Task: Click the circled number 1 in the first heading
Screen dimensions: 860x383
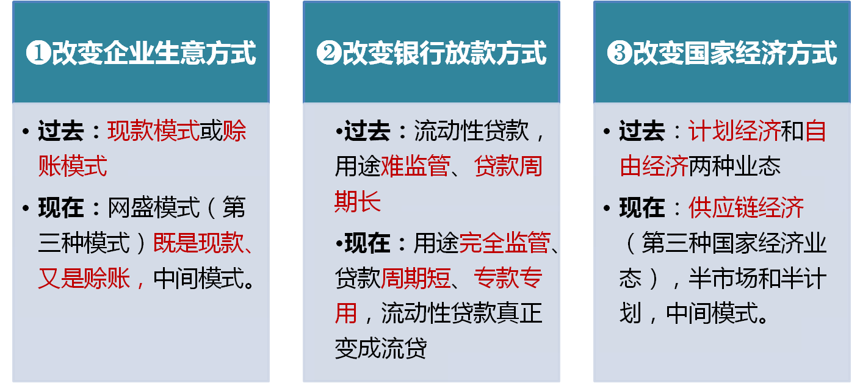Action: click(38, 52)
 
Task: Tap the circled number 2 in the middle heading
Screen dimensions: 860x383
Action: click(329, 52)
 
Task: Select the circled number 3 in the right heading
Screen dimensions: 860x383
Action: click(620, 52)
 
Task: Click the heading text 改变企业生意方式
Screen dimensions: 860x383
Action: click(154, 52)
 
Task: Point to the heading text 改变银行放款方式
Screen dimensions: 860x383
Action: click(444, 52)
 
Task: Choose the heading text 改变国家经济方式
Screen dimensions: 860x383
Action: click(735, 52)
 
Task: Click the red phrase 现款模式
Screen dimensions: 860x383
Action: click(153, 131)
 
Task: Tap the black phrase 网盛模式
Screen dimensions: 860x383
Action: click(153, 207)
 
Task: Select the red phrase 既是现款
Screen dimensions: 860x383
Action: click(198, 243)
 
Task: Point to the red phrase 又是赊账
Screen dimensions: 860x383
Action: click(84, 278)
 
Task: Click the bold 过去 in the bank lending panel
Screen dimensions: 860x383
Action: click(367, 131)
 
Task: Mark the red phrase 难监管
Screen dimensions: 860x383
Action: click(415, 166)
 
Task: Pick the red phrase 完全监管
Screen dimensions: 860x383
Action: click(505, 243)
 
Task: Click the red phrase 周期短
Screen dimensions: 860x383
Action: click(415, 278)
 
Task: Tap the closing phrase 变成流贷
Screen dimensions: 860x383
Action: click(380, 348)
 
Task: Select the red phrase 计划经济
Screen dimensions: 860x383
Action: click(734, 131)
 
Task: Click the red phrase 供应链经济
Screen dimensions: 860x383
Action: click(746, 207)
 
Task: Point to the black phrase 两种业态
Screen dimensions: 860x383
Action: click(734, 166)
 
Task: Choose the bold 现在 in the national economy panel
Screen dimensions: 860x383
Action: click(642, 207)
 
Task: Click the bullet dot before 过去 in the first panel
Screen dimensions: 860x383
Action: click(26, 132)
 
